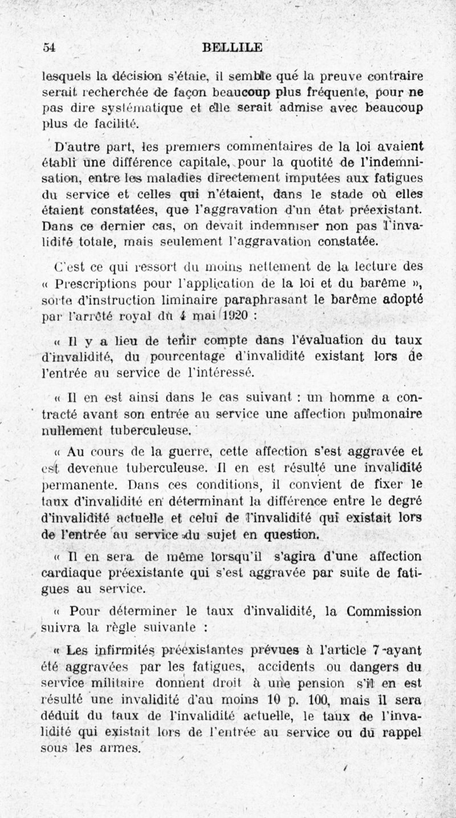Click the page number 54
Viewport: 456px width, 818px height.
click(x=48, y=48)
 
